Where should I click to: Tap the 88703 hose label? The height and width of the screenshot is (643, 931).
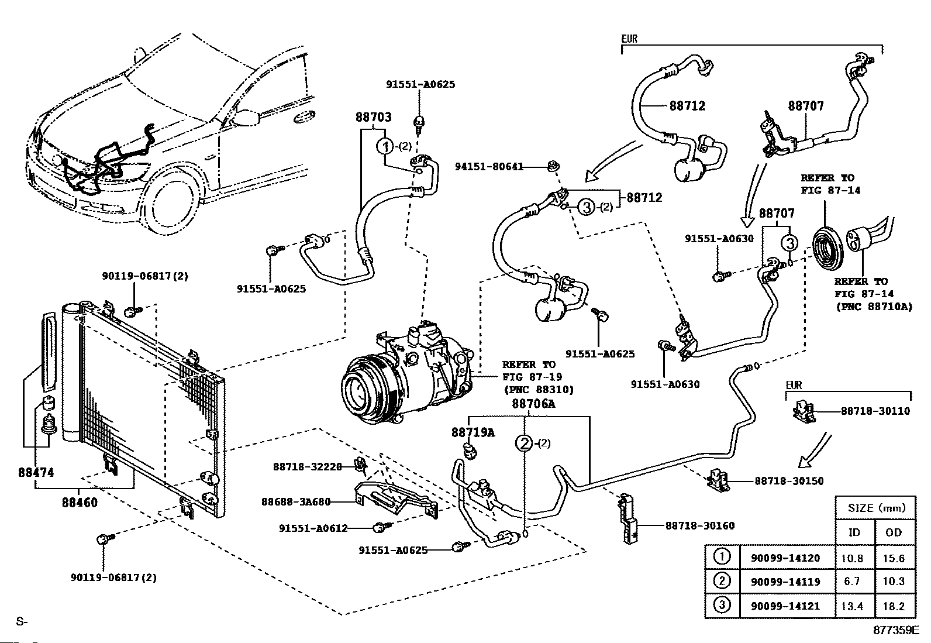click(x=373, y=117)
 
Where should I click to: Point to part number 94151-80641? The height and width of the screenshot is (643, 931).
click(x=489, y=167)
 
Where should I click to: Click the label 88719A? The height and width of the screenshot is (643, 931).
click(x=473, y=432)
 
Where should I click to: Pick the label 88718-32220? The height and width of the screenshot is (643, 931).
click(x=307, y=466)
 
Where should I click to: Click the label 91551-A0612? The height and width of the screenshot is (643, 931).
click(x=313, y=528)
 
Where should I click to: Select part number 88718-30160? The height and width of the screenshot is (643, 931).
click(x=699, y=526)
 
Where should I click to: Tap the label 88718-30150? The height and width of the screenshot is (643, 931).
click(x=789, y=481)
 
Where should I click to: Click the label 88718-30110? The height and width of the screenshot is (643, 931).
click(x=875, y=411)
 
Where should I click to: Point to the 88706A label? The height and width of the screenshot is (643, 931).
click(x=533, y=404)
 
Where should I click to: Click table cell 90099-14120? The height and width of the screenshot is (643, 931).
click(x=785, y=558)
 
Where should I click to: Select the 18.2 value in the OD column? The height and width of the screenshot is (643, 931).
click(x=894, y=606)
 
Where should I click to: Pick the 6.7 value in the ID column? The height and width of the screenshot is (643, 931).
click(x=851, y=582)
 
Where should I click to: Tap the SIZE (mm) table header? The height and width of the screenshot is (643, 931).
click(x=875, y=508)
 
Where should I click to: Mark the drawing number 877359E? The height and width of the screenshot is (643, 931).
click(x=896, y=631)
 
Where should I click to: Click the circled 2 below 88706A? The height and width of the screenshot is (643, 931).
click(x=525, y=443)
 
